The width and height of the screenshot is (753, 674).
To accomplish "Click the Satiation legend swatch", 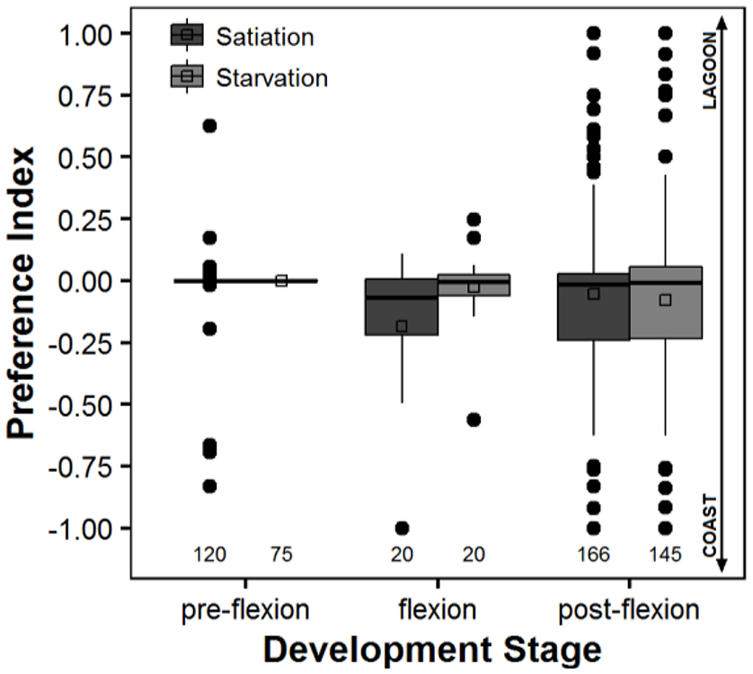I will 186,36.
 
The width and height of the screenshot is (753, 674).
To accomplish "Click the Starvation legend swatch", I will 186,77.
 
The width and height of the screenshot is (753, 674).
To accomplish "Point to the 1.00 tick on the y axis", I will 90,33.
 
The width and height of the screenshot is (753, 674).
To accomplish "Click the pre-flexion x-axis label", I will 244,610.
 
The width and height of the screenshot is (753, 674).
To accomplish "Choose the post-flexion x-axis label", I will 628,610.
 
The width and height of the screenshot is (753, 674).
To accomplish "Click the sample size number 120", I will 209,554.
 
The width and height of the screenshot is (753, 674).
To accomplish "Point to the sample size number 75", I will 281,554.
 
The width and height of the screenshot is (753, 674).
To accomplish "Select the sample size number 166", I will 593,554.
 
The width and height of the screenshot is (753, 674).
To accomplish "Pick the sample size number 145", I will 665,554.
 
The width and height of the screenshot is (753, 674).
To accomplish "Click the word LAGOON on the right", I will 710,71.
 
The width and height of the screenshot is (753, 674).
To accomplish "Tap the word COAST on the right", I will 710,526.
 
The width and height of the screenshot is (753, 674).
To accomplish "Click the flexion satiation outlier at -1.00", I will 402,528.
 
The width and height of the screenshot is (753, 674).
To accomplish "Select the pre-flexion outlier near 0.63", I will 209,126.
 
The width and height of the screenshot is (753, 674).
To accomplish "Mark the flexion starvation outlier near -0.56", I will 474,419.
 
